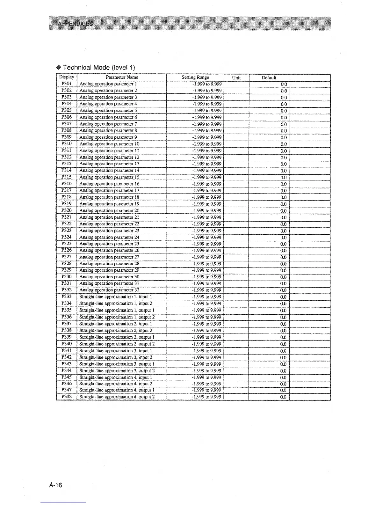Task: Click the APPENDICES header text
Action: click(75, 24)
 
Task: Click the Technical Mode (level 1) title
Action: click(98, 67)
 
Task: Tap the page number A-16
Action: click(56, 485)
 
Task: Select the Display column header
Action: click(67, 77)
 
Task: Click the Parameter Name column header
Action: click(122, 77)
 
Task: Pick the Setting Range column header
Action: click(195, 77)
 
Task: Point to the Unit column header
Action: click(236, 78)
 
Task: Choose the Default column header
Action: click(269, 78)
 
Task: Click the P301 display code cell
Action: click(67, 84)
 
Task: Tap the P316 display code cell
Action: click(67, 184)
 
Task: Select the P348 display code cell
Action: click(67, 397)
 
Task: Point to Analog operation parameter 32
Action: click(109, 290)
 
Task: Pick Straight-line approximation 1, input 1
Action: click(116, 297)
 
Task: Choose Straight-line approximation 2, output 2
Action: click(117, 344)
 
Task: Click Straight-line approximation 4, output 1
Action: click(117, 390)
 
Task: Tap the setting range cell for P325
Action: click(207, 244)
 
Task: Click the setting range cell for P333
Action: click(207, 297)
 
